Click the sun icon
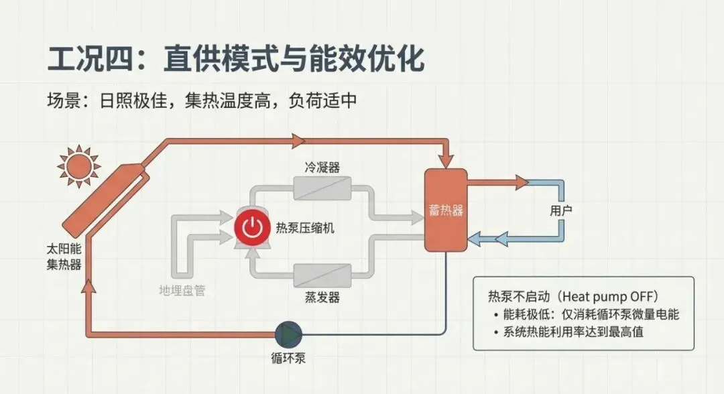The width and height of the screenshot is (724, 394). [78, 164]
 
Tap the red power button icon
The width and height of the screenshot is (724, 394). [251, 228]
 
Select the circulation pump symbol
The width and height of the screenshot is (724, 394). [289, 331]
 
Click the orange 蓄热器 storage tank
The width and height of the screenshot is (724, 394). [446, 210]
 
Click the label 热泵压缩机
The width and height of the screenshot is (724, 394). [305, 228]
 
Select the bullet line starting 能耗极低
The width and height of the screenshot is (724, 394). [585, 314]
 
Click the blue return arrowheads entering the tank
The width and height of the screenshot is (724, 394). [476, 237]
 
